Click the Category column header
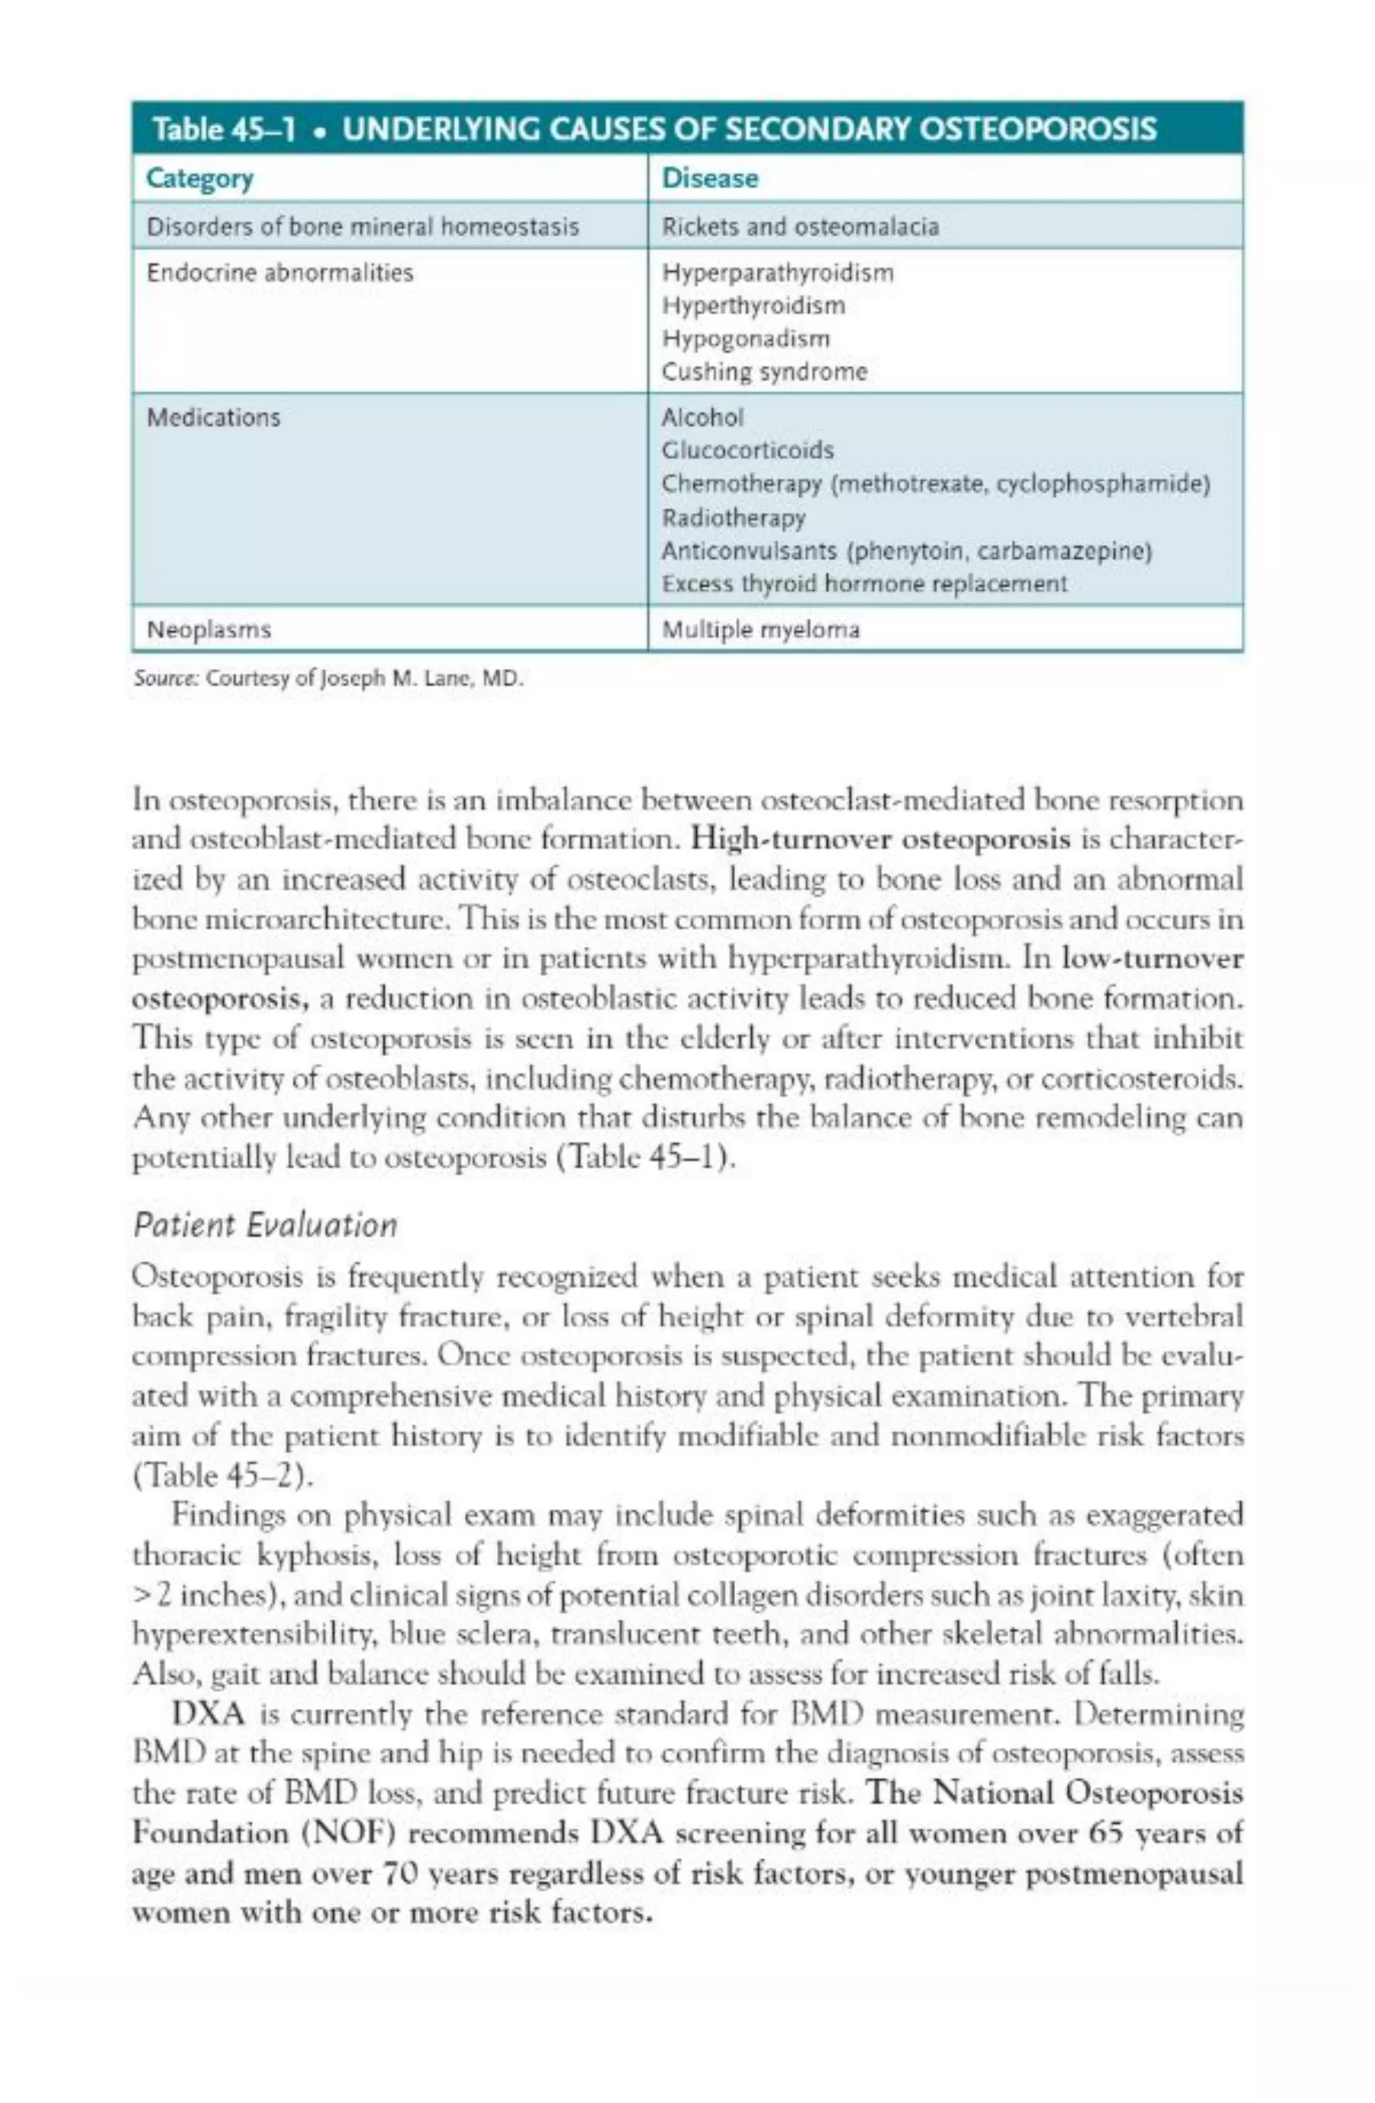(x=199, y=179)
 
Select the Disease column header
(x=710, y=179)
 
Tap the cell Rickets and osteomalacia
(x=800, y=227)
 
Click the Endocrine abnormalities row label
(x=279, y=272)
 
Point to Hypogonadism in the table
(x=746, y=338)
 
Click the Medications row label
(x=213, y=417)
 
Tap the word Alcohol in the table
(x=702, y=417)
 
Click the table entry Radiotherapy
(x=733, y=518)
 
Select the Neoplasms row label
(x=209, y=630)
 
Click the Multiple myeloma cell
(x=760, y=630)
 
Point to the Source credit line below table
(x=328, y=680)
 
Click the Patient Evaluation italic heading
(x=265, y=1225)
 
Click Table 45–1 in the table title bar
(x=223, y=130)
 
